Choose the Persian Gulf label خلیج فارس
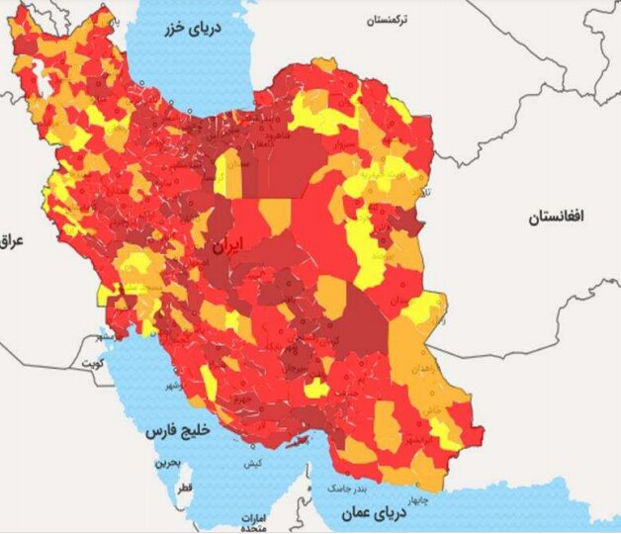pyautogui.click(x=172, y=431)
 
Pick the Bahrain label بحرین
pyautogui.click(x=170, y=463)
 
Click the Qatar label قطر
pyautogui.click(x=184, y=489)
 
